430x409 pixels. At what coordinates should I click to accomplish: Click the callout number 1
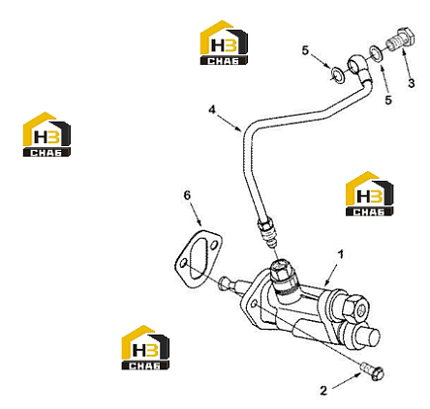341,255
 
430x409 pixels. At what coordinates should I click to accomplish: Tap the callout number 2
323,391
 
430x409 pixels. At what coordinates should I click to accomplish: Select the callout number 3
411,83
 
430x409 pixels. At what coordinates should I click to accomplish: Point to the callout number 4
212,109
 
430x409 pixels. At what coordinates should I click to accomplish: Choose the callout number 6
187,195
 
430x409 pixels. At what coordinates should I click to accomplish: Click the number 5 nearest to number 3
388,100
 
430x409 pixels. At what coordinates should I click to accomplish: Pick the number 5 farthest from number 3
305,50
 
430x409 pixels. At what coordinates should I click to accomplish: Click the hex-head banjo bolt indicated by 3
401,41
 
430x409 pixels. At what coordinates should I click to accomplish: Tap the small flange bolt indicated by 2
372,371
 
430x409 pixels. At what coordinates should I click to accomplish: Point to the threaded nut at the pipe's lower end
266,228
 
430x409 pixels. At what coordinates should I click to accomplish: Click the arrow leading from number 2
347,380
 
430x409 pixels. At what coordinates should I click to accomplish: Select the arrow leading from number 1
331,275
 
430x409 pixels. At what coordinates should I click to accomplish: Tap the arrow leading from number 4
230,123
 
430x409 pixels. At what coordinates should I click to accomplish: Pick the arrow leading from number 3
406,64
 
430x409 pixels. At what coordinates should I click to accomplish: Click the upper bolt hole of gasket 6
214,245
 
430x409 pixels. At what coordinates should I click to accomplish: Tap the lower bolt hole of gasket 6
183,264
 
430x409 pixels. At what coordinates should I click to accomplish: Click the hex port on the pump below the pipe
281,270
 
